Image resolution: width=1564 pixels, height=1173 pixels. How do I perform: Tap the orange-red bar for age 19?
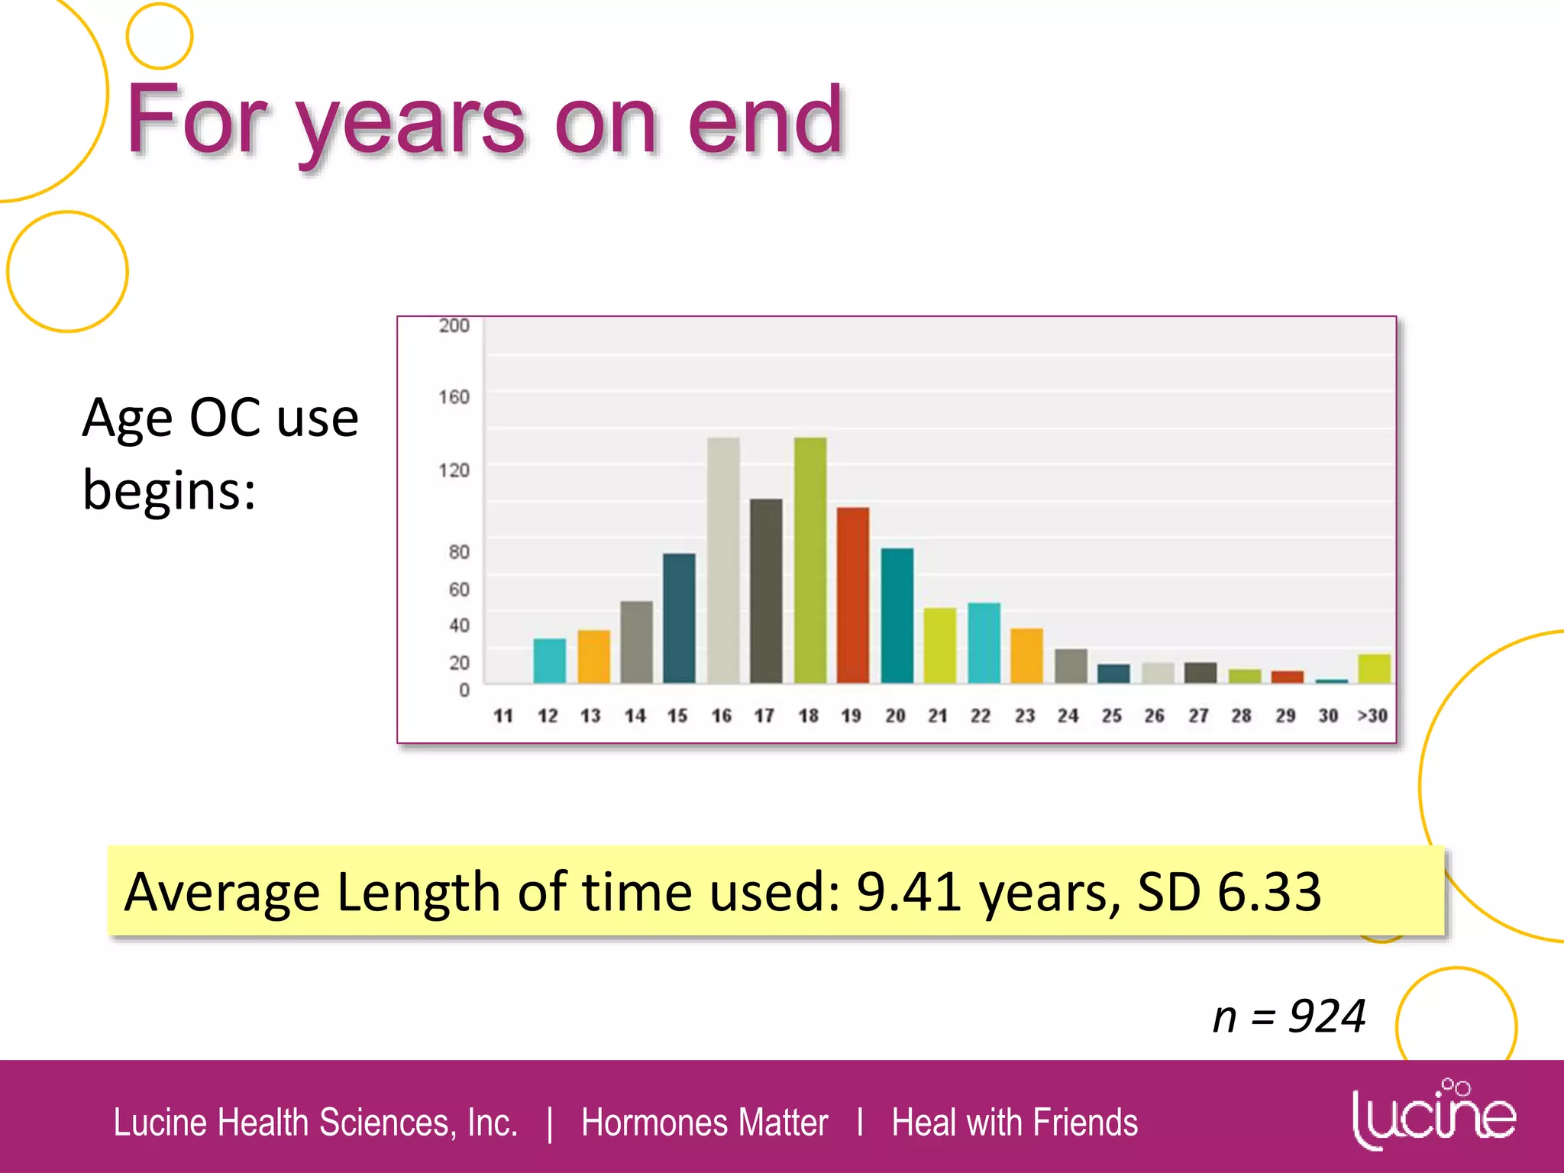[x=852, y=595]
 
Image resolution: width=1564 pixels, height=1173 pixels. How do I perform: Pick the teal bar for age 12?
[x=549, y=661]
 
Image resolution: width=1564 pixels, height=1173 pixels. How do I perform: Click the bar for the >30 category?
[x=1374, y=668]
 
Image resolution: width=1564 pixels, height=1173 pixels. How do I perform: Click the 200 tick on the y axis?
[x=454, y=326]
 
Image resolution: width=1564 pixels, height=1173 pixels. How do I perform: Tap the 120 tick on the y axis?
[x=454, y=470]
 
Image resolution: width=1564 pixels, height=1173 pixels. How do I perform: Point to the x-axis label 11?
[x=503, y=716]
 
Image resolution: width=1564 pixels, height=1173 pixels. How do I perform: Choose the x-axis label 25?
[x=1111, y=716]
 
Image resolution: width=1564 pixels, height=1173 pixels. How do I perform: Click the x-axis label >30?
[x=1372, y=716]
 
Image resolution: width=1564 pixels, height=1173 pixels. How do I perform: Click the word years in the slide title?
[x=412, y=122]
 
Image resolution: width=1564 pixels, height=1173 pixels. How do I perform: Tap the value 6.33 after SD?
[x=1268, y=891]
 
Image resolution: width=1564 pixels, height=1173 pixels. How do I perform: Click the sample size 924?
[x=1326, y=1017]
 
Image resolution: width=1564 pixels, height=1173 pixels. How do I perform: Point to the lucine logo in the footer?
[x=1433, y=1115]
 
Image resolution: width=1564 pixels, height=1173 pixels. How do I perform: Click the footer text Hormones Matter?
[x=704, y=1123]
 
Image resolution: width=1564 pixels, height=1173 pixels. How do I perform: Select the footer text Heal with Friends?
[x=1014, y=1123]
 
